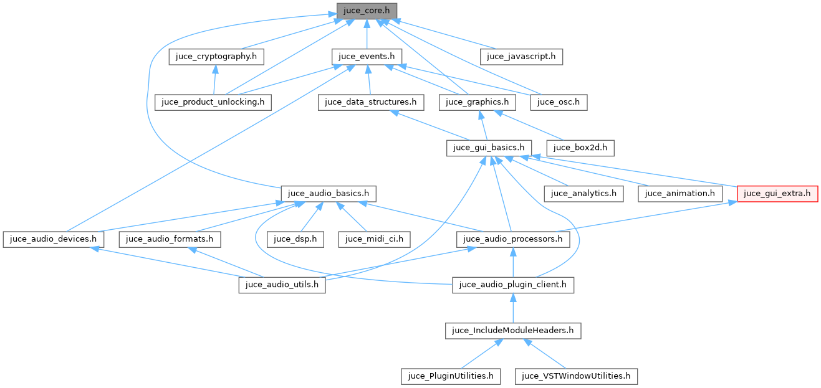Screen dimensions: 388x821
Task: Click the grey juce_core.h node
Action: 367,11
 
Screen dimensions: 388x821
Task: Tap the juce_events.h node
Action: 367,56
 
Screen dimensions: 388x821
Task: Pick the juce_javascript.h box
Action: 522,56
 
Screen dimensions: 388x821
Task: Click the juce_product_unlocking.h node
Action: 213,102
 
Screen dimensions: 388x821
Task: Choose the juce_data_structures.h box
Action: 371,102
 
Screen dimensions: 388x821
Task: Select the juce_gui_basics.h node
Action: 489,148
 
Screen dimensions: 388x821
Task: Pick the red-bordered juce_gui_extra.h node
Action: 777,193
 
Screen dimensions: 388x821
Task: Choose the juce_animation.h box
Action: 679,193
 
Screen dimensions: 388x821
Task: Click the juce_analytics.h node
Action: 583,193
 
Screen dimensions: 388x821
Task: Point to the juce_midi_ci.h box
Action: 375,239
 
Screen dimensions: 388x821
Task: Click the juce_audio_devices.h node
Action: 53,239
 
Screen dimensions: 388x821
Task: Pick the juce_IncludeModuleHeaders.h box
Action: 513,330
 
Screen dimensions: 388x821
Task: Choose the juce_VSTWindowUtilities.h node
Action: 576,376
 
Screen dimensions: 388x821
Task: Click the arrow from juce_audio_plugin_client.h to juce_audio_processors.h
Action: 512,262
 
